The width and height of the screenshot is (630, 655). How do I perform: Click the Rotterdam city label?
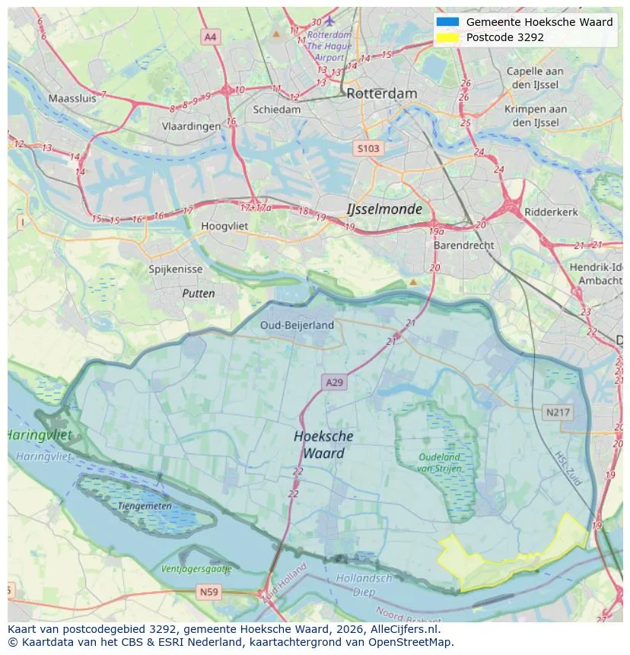tap(381, 94)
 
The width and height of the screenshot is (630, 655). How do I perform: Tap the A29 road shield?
tap(333, 383)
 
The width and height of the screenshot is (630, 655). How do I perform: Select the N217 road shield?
tap(558, 412)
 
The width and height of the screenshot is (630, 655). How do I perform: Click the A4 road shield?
tap(211, 37)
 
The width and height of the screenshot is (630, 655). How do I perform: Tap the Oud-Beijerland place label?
tap(297, 325)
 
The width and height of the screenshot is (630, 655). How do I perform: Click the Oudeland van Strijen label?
tap(439, 463)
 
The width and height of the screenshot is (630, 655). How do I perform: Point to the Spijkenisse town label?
tap(175, 269)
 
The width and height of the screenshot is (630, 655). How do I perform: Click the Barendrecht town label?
tap(463, 246)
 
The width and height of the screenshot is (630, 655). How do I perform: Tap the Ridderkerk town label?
tap(552, 212)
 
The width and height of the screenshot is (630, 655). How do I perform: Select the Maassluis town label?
tap(72, 98)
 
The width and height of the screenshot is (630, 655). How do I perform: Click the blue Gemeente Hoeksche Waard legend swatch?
tap(448, 22)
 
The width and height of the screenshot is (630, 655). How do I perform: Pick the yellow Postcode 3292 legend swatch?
tap(448, 37)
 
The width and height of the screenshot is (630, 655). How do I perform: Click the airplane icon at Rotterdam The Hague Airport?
tap(329, 21)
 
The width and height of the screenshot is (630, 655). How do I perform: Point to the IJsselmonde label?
tap(383, 209)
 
